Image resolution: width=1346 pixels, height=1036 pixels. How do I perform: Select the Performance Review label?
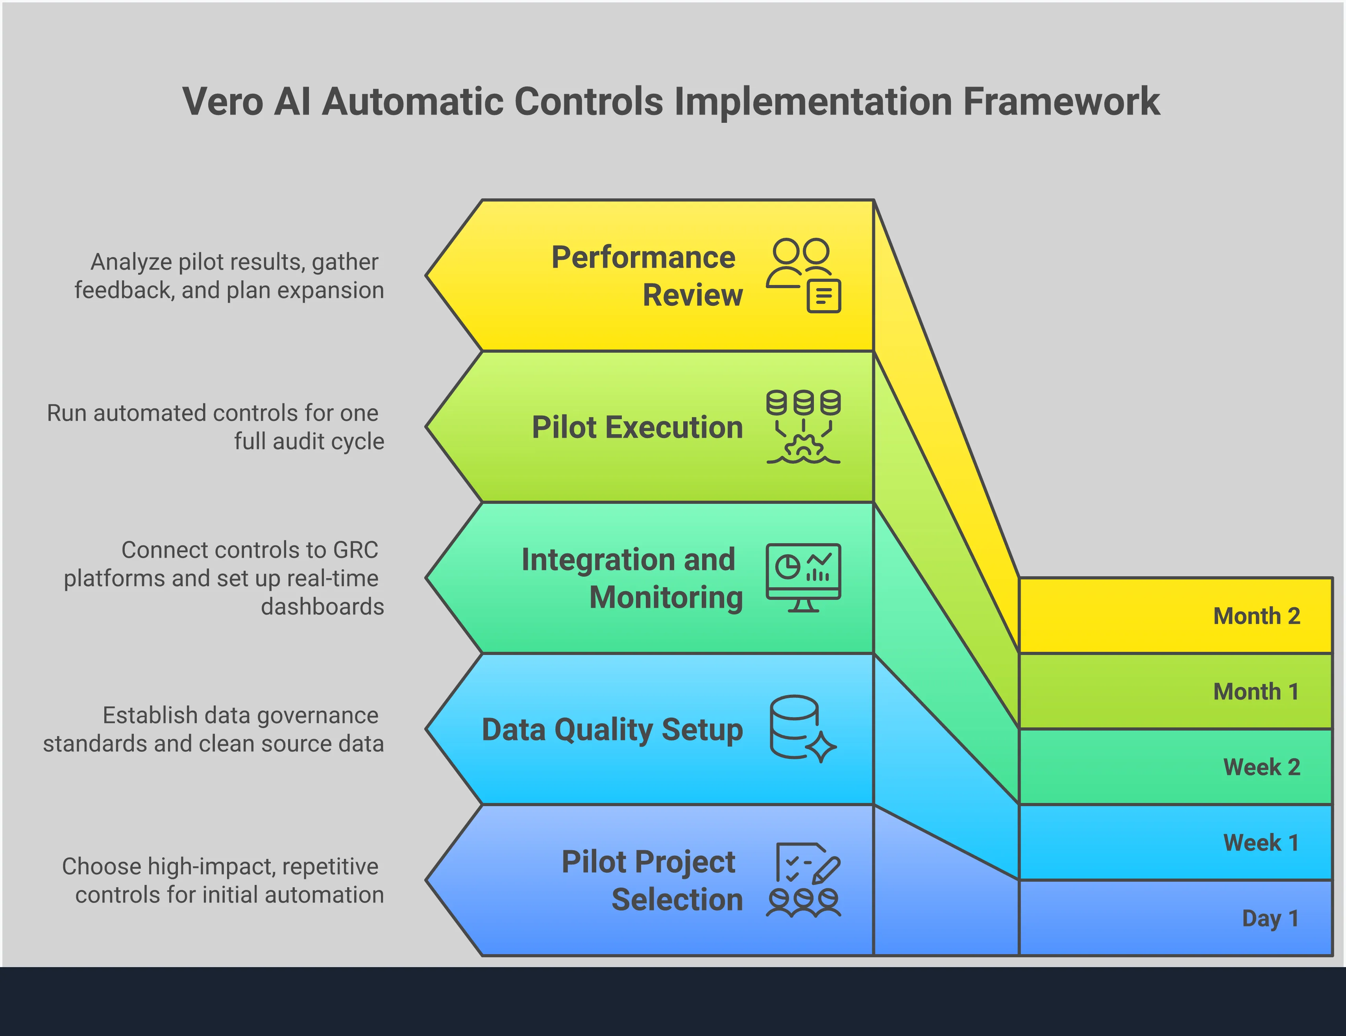[x=647, y=276]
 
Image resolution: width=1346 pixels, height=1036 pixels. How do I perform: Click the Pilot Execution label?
[x=637, y=427]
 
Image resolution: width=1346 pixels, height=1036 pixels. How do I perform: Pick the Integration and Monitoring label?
[x=632, y=578]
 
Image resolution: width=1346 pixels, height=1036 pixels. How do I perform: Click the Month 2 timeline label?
[x=1256, y=616]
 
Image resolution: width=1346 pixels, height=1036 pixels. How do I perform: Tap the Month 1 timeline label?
[x=1256, y=692]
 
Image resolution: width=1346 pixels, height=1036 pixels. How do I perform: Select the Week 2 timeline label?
[x=1261, y=767]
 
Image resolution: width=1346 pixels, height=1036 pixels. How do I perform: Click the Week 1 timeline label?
[x=1261, y=842]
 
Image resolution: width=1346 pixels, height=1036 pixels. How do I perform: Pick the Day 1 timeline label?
[x=1270, y=918]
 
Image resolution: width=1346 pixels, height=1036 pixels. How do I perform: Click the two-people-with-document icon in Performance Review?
[x=803, y=276]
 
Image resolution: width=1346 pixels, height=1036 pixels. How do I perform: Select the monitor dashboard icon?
[x=803, y=577]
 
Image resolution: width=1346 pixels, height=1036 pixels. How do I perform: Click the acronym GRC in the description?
[x=355, y=550]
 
